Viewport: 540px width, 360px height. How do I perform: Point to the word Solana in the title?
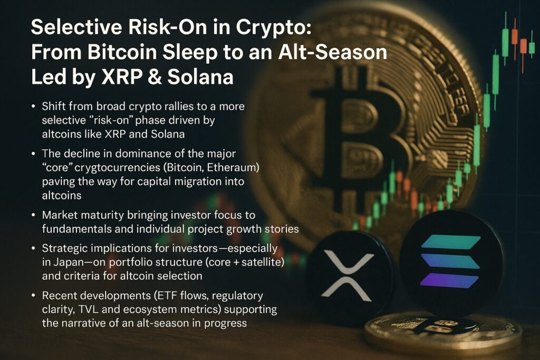click(x=200, y=77)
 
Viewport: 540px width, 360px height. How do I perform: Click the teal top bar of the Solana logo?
click(x=451, y=242)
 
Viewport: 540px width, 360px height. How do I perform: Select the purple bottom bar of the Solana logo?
click(x=449, y=281)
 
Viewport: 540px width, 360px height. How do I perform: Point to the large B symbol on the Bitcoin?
click(x=358, y=134)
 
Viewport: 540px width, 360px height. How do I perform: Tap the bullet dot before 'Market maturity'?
click(x=33, y=216)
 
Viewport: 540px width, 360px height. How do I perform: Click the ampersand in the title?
click(x=155, y=77)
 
